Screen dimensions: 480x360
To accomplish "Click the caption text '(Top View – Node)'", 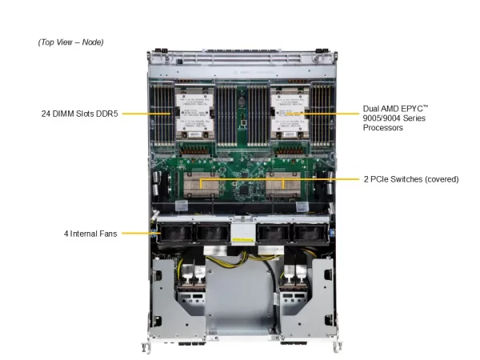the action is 70,42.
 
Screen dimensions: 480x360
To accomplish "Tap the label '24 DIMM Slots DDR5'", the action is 79,114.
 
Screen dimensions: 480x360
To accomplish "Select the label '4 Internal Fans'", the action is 90,234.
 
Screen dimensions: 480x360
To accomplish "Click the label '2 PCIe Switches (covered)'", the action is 411,179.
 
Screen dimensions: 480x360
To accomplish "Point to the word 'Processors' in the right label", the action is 382,127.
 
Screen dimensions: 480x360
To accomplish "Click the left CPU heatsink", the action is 194,113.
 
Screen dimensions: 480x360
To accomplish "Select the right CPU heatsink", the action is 290,113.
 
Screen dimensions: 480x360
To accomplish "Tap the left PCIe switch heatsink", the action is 201,184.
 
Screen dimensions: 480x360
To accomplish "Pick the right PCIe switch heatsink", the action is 283,184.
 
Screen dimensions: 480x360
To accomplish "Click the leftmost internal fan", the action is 174,233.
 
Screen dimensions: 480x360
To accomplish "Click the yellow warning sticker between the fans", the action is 243,240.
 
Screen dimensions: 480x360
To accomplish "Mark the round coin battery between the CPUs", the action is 242,102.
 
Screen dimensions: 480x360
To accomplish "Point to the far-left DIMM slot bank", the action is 162,114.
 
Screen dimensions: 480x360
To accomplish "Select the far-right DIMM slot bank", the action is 322,114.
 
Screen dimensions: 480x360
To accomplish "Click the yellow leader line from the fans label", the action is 141,234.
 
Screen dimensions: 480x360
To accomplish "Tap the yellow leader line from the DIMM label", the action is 146,114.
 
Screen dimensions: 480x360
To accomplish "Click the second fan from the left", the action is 212,233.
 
